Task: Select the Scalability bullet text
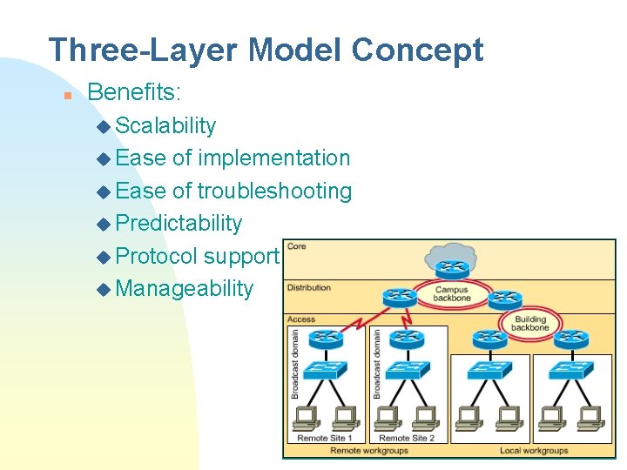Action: point(165,125)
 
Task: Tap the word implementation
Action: point(273,158)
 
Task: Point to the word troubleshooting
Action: point(274,191)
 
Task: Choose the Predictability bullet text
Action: point(179,223)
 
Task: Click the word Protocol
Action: point(156,256)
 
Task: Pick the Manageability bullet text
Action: point(184,288)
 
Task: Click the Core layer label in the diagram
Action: point(297,246)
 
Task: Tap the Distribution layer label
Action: point(309,287)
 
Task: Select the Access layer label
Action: point(301,319)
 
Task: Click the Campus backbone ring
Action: point(451,294)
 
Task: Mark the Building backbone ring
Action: point(529,324)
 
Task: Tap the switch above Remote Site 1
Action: point(325,371)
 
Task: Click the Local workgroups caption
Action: point(533,451)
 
